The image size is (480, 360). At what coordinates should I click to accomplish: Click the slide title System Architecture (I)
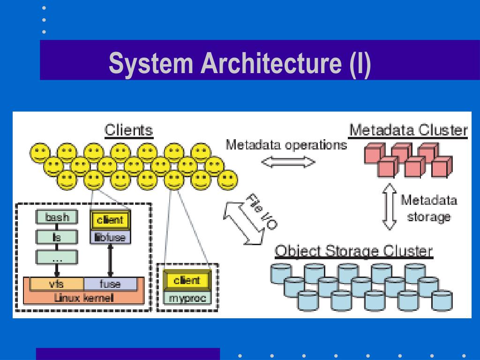click(240, 63)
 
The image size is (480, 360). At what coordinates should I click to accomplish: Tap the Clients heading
click(128, 130)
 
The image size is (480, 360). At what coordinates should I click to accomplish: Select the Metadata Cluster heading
click(408, 130)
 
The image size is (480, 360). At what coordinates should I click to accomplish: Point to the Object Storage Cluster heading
click(353, 251)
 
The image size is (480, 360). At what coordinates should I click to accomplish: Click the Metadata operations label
click(286, 144)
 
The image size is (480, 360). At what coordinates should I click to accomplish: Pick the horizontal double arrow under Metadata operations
click(288, 162)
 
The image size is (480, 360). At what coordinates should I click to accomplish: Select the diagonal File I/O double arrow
click(244, 223)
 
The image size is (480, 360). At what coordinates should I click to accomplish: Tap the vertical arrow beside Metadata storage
click(390, 207)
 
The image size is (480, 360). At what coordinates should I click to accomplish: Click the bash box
click(57, 217)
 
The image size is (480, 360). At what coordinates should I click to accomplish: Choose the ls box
click(57, 237)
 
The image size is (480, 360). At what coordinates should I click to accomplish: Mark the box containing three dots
click(57, 257)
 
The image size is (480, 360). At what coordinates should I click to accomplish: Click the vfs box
click(57, 284)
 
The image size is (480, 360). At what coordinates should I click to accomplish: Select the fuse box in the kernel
click(110, 284)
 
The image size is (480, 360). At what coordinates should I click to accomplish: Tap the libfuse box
click(110, 237)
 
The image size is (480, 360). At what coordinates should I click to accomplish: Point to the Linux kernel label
click(83, 298)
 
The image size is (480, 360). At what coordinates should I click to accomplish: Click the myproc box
click(187, 298)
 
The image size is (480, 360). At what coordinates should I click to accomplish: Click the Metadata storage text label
click(428, 208)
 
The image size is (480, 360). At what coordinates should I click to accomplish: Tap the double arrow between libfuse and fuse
click(111, 261)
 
